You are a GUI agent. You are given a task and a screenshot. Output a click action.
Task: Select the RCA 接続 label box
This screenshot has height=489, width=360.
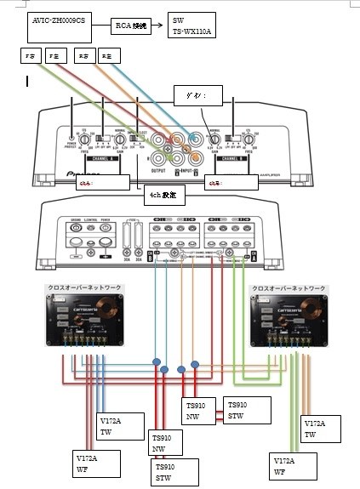tap(131, 26)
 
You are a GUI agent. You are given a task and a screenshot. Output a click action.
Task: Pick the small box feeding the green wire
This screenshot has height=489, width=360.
tap(31, 56)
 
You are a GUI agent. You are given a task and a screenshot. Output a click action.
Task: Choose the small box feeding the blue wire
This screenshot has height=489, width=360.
tap(109, 56)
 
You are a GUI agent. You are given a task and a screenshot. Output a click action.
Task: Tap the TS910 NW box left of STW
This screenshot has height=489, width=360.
tap(203, 412)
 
